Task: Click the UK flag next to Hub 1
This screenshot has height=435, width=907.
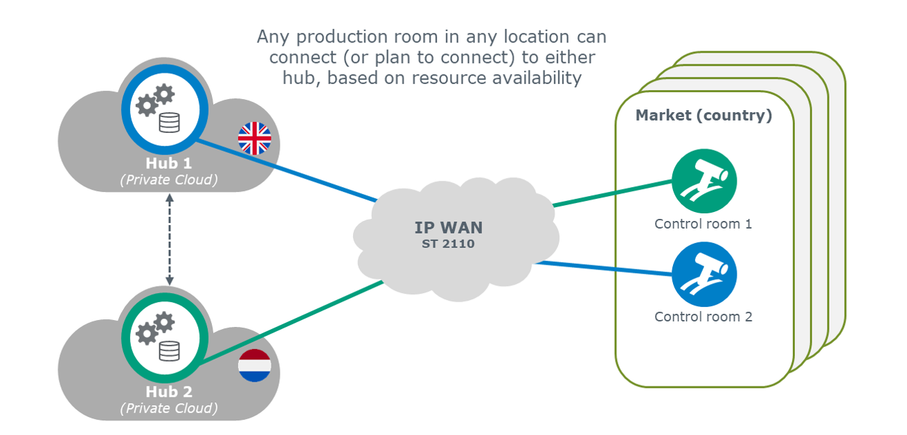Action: click(254, 139)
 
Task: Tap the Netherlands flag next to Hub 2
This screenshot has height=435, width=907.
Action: click(254, 366)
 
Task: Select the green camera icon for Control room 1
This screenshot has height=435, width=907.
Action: click(703, 181)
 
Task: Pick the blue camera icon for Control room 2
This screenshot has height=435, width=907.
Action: click(703, 274)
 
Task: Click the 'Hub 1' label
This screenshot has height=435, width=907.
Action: click(169, 163)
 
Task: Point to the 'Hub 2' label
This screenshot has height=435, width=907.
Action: click(169, 392)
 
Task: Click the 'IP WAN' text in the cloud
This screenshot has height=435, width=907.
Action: click(448, 227)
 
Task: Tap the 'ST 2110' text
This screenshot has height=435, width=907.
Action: click(448, 243)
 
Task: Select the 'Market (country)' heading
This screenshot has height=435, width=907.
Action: click(703, 115)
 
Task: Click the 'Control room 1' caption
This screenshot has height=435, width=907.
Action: click(703, 224)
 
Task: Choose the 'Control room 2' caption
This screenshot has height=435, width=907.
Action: click(703, 317)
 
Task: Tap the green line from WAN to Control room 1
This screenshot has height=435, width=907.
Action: click(613, 194)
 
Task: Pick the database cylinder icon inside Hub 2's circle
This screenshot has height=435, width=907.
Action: click(169, 351)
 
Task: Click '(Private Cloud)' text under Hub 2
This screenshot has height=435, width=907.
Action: click(169, 408)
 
